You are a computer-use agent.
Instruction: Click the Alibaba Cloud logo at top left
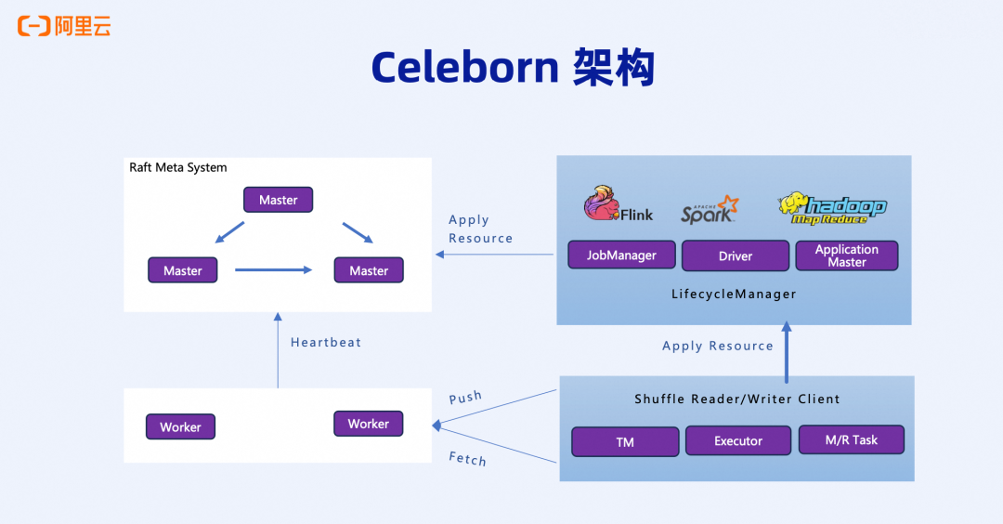(x=63, y=26)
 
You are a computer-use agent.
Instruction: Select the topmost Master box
(x=278, y=200)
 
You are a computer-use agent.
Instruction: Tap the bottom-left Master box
(x=182, y=270)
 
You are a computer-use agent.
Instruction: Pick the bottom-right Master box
(x=369, y=270)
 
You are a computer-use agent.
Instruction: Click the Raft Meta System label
(x=178, y=167)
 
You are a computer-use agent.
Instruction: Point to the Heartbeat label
(x=326, y=342)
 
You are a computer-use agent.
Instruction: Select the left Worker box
(x=180, y=426)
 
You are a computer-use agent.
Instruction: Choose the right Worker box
(x=368, y=424)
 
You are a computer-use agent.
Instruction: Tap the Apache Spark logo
(x=710, y=210)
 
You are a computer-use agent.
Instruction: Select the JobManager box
(x=621, y=255)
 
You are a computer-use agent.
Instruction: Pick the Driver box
(x=735, y=255)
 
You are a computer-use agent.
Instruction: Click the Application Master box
(x=846, y=255)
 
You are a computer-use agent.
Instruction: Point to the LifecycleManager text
(x=734, y=294)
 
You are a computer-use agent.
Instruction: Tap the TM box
(x=625, y=441)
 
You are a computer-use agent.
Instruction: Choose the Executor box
(x=738, y=440)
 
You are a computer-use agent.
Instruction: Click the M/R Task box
(x=851, y=439)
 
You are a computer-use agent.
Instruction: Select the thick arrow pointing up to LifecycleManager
(x=787, y=352)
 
